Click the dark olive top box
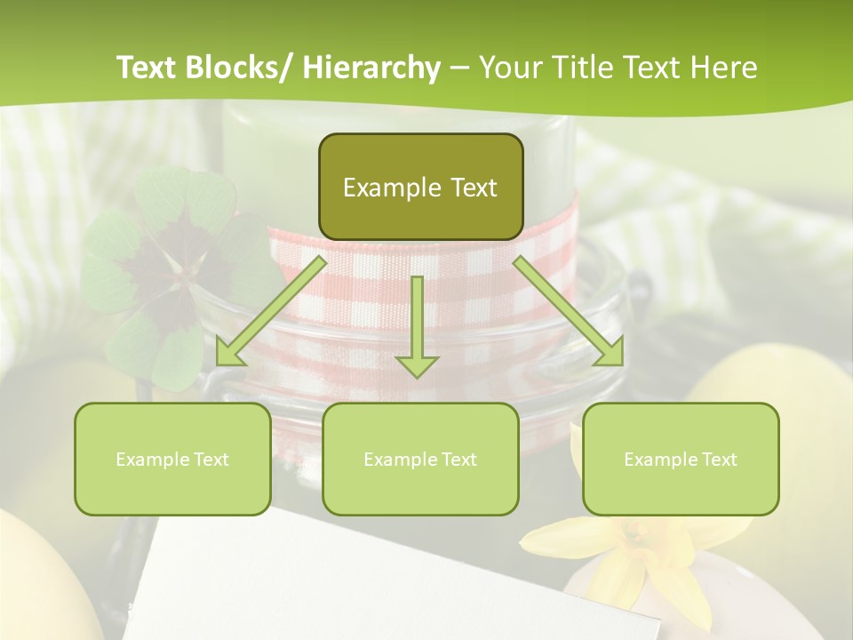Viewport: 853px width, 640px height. tap(420, 187)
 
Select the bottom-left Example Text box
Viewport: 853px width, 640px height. tap(172, 459)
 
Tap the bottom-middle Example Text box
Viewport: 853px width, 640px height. tap(420, 459)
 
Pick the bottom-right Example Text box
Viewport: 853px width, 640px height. tap(681, 459)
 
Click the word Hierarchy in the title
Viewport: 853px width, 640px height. tap(371, 68)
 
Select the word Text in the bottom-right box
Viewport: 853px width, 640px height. tap(719, 460)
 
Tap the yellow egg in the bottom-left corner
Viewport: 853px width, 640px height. tap(36, 578)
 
